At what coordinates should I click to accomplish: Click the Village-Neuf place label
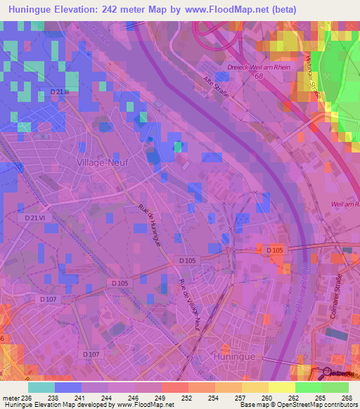[x=98, y=162]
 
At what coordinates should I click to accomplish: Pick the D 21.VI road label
[x=34, y=219]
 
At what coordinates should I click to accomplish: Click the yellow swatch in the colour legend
[x=281, y=387]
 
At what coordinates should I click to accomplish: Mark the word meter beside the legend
[x=11, y=397]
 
